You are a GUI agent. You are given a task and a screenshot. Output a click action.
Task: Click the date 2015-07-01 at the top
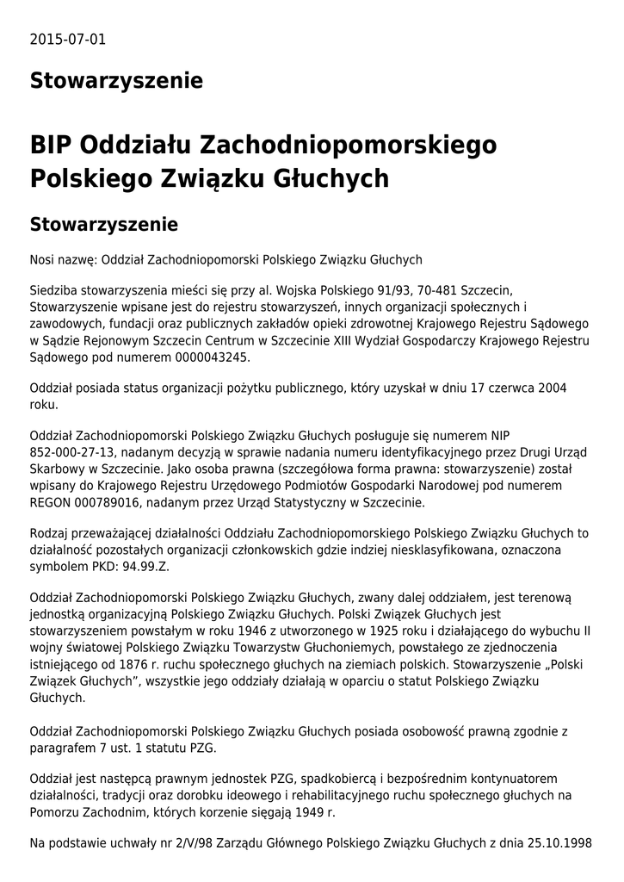pos(68,40)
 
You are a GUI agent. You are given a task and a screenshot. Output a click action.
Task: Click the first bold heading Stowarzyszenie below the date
pos(116,81)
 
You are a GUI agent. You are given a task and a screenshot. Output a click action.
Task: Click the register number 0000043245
pos(213,356)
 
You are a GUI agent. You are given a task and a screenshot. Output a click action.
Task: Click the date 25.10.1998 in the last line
pos(562,842)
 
